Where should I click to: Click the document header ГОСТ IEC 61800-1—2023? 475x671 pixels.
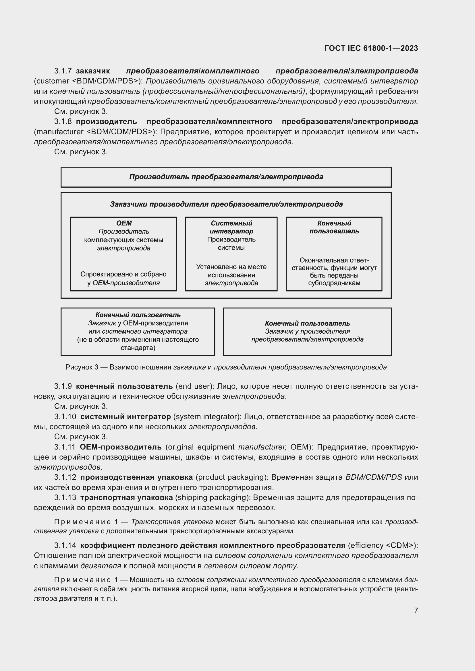(371, 48)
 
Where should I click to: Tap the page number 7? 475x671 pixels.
(416, 610)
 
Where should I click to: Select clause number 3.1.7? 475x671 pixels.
(63, 71)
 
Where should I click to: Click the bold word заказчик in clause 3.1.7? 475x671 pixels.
(93, 71)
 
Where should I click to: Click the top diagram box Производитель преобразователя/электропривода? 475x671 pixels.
(226, 177)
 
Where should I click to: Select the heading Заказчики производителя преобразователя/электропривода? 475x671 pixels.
(226, 204)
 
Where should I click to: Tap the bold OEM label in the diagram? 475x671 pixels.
(124, 223)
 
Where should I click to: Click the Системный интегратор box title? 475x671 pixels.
(231, 227)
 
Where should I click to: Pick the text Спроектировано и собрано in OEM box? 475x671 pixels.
(123, 274)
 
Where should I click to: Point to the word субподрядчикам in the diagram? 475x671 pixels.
(334, 283)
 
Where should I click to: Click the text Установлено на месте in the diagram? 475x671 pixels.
(231, 267)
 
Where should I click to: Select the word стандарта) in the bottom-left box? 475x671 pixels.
(138, 348)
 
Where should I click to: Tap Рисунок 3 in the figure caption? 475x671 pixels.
(82, 367)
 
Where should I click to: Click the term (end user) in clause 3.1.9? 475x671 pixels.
(194, 386)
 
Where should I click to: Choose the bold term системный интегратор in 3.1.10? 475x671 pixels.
(125, 417)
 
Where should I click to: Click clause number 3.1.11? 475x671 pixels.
(65, 447)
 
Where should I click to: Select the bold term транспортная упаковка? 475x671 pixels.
(126, 497)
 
